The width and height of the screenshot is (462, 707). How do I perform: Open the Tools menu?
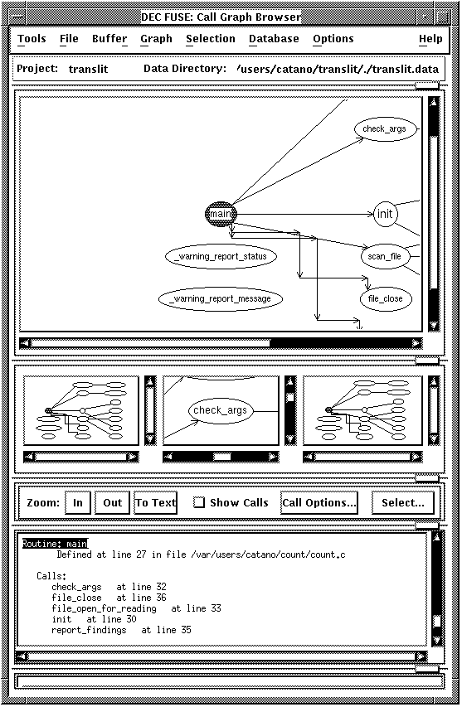tap(32, 39)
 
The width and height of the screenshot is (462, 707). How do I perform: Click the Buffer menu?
tap(109, 39)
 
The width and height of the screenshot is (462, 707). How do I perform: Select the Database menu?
tap(274, 39)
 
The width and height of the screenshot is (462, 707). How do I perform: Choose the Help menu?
tap(430, 39)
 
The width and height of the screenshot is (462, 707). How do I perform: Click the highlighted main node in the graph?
tap(221, 214)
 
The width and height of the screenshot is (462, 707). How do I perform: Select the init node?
tap(386, 214)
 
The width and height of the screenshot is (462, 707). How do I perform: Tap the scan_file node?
tap(384, 257)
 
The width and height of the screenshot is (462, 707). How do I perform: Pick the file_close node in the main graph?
tap(386, 298)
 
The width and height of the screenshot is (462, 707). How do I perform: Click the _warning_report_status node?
tap(221, 257)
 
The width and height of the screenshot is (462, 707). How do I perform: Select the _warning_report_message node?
tap(221, 298)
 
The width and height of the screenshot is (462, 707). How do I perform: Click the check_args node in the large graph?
tap(385, 129)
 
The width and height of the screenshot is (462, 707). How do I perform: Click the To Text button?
tap(155, 503)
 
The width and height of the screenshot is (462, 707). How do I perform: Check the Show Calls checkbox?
tap(199, 502)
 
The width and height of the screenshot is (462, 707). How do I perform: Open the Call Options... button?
tap(319, 503)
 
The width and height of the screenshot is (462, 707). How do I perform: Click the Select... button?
tap(403, 503)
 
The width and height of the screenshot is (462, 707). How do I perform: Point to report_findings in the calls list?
tap(89, 630)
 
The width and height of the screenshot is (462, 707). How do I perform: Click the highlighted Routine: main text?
tap(55, 544)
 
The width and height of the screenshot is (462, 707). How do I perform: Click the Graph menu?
tap(156, 39)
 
